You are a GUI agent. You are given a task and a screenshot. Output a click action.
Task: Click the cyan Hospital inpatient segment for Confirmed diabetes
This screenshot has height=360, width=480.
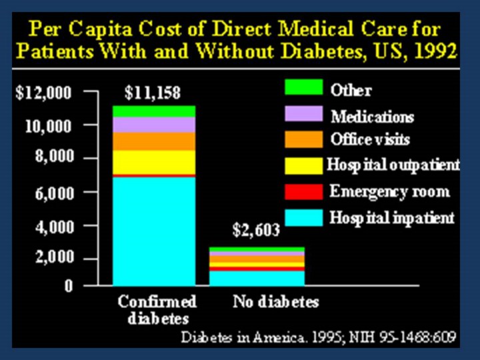point(153,230)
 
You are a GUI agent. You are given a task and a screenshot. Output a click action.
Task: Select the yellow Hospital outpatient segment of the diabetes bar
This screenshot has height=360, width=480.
point(153,161)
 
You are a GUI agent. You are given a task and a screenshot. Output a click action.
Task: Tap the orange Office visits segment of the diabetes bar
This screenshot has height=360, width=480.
point(153,141)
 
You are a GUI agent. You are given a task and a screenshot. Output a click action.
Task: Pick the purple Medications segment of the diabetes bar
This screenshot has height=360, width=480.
point(153,125)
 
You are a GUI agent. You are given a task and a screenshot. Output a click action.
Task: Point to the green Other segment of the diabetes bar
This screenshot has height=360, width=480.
point(153,111)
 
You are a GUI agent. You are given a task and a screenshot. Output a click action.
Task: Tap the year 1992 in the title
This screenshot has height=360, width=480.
point(434,51)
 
